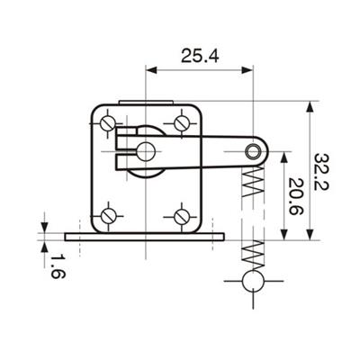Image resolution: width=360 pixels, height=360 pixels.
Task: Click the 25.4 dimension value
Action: (x=200, y=56)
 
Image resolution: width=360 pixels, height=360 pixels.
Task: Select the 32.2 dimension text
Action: (x=321, y=172)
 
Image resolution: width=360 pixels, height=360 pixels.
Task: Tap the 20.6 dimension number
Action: (x=295, y=196)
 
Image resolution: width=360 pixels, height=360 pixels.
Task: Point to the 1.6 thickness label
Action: (x=58, y=267)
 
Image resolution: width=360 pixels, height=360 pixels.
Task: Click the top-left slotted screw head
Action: (x=108, y=123)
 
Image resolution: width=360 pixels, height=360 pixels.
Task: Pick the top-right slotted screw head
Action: (x=182, y=123)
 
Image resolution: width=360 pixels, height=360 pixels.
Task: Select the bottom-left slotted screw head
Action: (x=108, y=215)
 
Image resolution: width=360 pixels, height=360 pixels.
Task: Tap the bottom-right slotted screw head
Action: (x=182, y=216)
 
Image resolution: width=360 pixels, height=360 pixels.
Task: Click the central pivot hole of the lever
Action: (x=146, y=151)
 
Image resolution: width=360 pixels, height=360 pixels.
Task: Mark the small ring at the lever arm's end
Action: (x=253, y=151)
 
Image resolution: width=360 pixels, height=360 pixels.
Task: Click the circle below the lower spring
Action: (x=253, y=281)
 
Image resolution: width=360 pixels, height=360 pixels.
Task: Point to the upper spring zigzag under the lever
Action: (x=253, y=182)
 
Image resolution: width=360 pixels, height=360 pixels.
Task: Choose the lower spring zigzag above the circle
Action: (x=253, y=255)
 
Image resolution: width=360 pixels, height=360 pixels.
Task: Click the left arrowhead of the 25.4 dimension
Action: (x=151, y=70)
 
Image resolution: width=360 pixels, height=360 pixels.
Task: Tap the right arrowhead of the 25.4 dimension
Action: (x=247, y=70)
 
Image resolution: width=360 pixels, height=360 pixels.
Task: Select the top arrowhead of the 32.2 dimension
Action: (x=310, y=107)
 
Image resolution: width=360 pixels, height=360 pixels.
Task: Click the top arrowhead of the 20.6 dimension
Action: (x=284, y=157)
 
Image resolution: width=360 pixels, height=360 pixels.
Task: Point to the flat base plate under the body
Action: (x=145, y=237)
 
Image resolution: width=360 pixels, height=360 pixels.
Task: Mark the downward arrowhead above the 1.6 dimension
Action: (x=44, y=227)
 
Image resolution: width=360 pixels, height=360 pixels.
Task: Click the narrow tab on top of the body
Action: (x=146, y=103)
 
